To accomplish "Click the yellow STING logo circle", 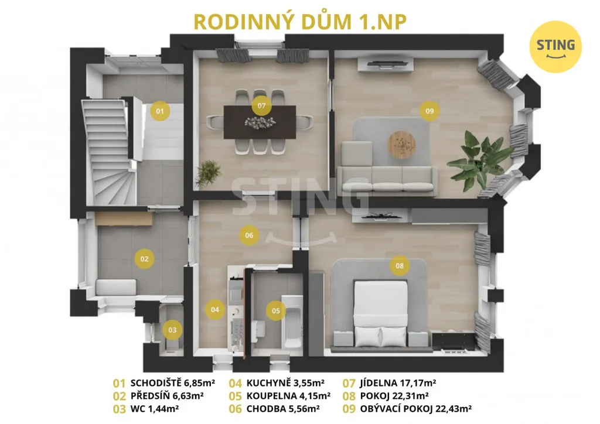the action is click(x=555, y=47).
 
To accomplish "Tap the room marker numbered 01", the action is click(x=160, y=111).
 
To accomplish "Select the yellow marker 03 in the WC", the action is click(x=172, y=330).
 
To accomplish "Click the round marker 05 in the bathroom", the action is click(x=275, y=311).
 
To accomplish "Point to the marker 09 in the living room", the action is click(x=429, y=111).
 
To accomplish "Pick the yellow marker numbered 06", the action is click(x=249, y=235).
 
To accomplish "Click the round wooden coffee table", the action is click(x=401, y=145).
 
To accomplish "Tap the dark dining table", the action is click(x=260, y=122).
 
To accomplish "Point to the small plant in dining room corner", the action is click(x=208, y=173).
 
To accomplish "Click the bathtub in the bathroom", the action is click(x=292, y=322).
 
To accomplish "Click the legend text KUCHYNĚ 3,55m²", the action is click(x=285, y=382).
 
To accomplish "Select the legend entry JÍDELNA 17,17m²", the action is click(x=398, y=382).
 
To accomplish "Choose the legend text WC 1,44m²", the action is click(x=155, y=409).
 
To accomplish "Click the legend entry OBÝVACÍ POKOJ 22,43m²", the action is click(x=415, y=409).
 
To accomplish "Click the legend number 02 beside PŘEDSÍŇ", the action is click(x=120, y=396).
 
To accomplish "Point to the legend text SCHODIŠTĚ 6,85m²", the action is click(x=173, y=382).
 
